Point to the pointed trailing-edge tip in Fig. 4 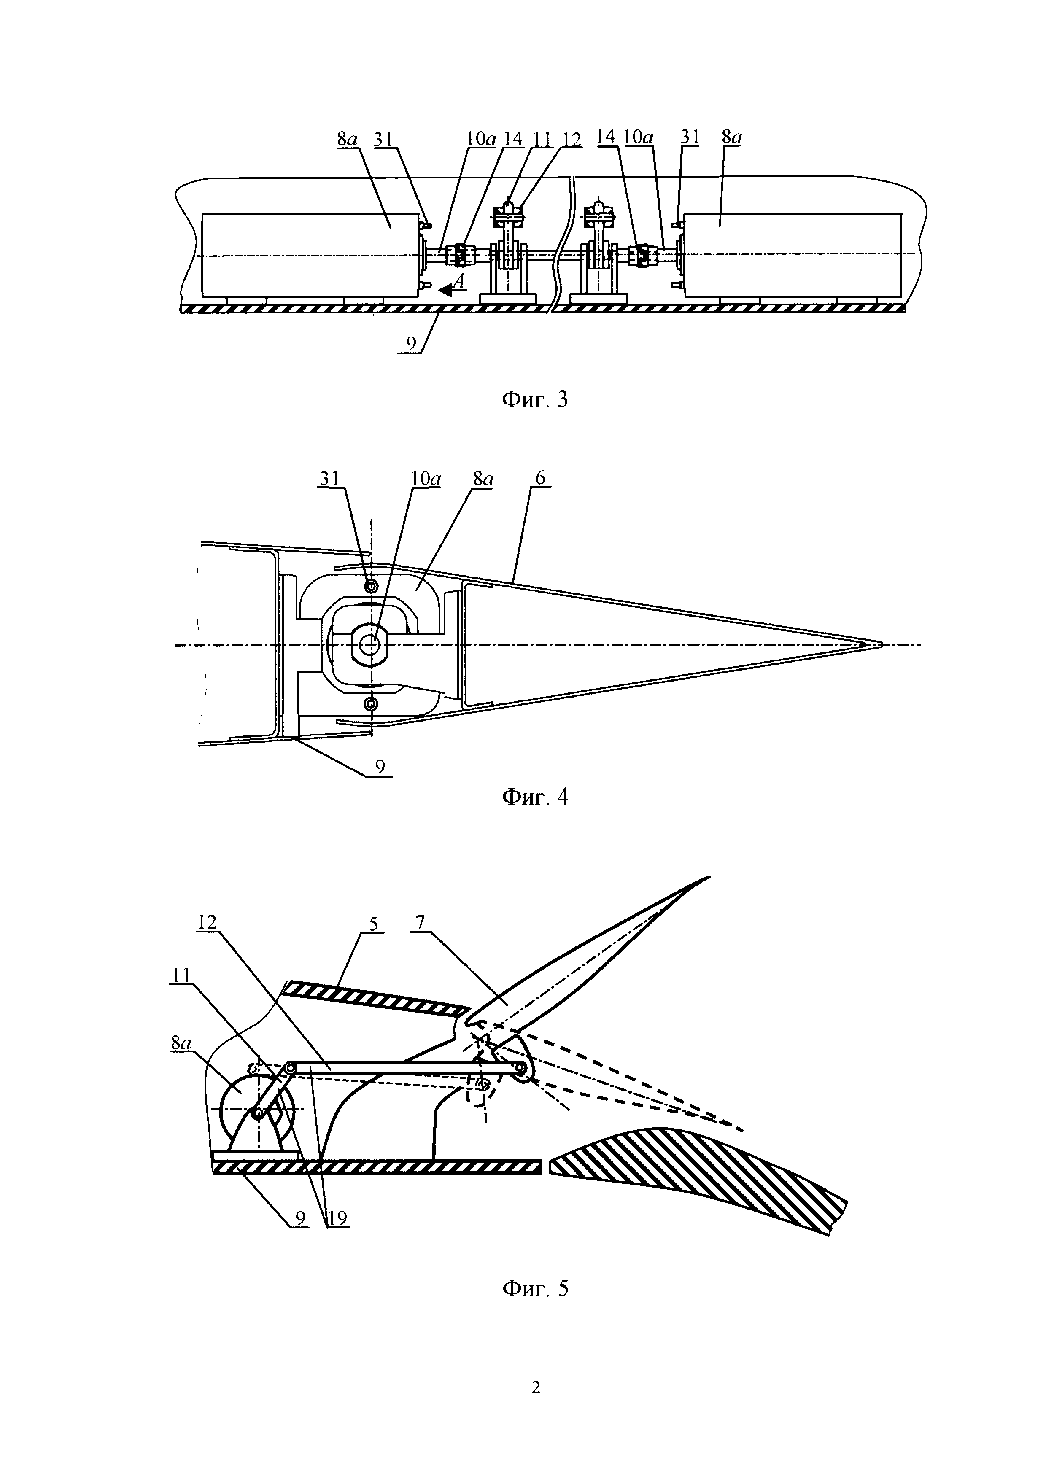point(879,644)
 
